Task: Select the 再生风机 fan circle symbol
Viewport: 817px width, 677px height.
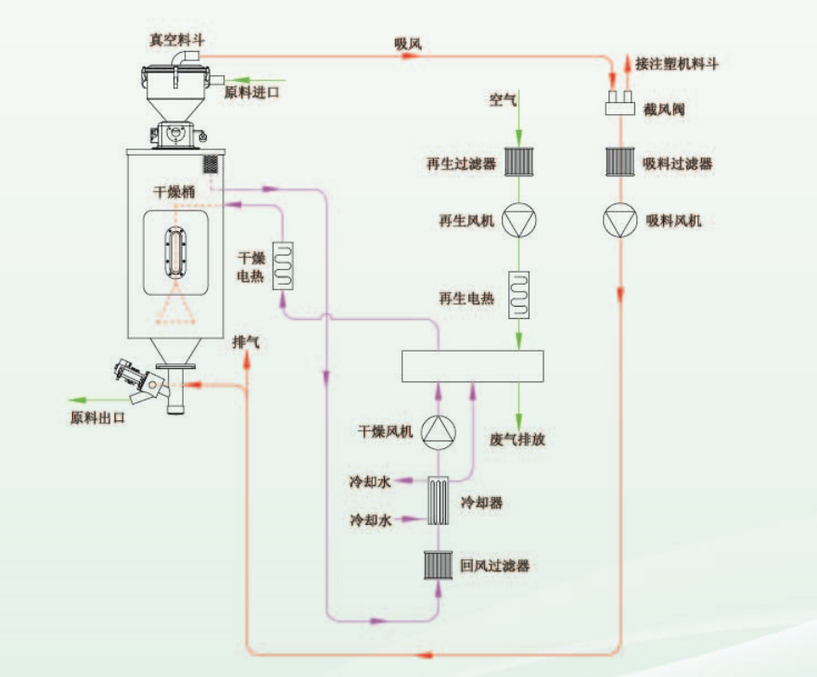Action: pyautogui.click(x=518, y=221)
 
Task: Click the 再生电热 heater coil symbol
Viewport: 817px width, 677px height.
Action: pyautogui.click(x=518, y=295)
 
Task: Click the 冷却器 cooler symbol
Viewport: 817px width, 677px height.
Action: pyautogui.click(x=440, y=502)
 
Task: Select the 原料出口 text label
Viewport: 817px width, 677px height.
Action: pyautogui.click(x=97, y=417)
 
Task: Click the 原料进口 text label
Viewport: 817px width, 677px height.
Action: pyautogui.click(x=251, y=93)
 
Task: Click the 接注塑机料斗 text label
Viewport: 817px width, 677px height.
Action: pyautogui.click(x=677, y=64)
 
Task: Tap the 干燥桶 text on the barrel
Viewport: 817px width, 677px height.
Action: pyautogui.click(x=173, y=192)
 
